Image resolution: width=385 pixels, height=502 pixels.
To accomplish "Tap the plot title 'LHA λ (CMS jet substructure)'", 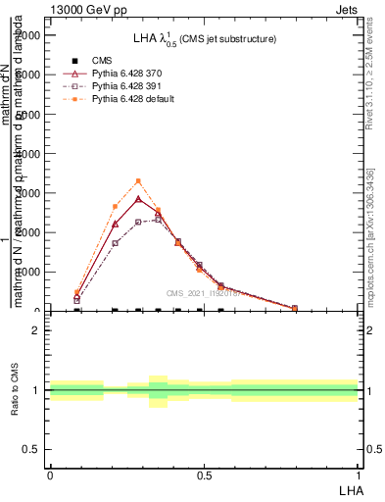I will pos(205,39).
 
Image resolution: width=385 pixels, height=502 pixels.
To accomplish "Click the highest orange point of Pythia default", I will pos(138,181).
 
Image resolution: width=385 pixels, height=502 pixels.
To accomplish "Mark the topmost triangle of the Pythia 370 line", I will pos(138,199).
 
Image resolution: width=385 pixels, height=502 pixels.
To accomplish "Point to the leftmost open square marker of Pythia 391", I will pos(77,300).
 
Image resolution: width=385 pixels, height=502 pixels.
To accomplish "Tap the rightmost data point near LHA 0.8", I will pos(294,308).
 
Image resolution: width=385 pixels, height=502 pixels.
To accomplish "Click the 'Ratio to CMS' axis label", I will pos(15,390).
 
